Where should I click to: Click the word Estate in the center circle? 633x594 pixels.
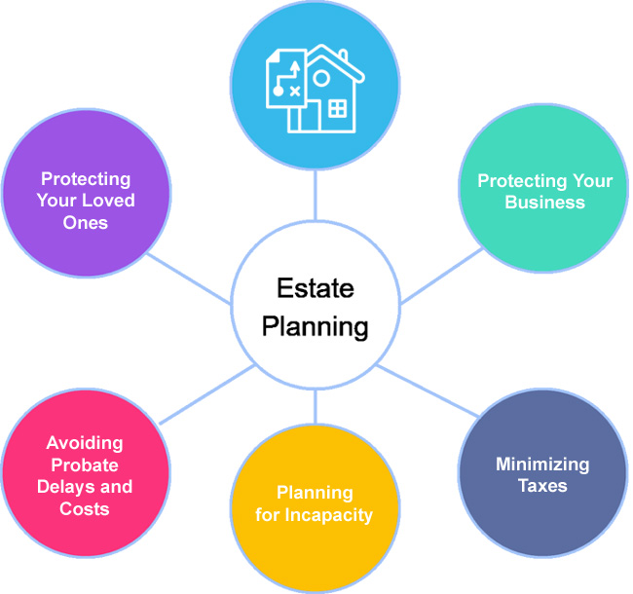click(315, 288)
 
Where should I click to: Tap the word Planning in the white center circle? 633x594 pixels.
click(315, 326)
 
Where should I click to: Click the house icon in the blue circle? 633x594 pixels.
click(331, 94)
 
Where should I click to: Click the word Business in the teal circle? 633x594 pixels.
click(545, 204)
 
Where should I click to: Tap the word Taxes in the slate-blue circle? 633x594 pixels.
click(542, 485)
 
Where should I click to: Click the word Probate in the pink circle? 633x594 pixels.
click(85, 464)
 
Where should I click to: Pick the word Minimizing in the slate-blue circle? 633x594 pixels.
click(542, 464)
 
